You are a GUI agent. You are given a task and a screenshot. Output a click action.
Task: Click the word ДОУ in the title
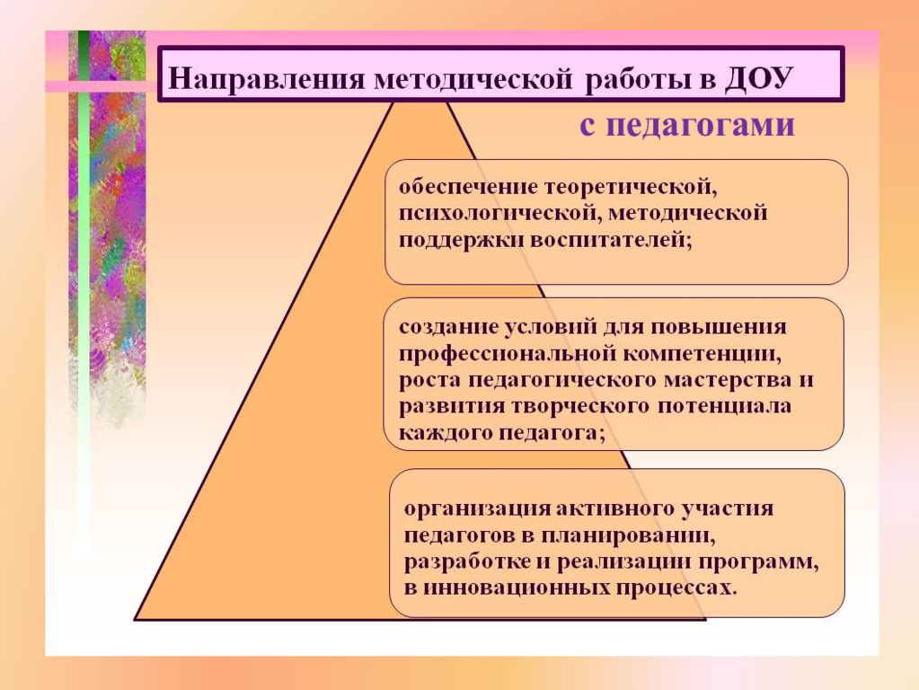[x=758, y=78]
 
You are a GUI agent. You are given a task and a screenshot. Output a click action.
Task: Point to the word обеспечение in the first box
[x=468, y=187]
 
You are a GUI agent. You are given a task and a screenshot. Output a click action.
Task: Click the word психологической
[x=499, y=214]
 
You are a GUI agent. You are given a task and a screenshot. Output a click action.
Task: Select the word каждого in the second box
[x=446, y=433]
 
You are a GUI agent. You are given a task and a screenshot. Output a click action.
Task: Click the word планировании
[x=628, y=535]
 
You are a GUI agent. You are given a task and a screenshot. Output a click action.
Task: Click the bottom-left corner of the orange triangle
[x=136, y=619]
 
